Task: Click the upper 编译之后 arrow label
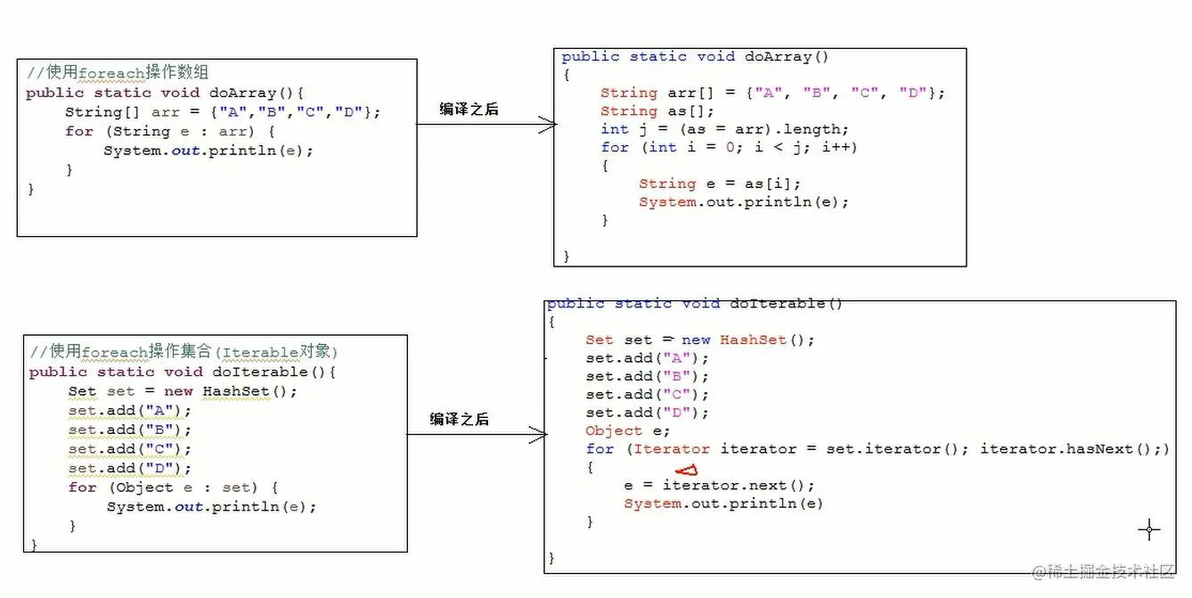[469, 110]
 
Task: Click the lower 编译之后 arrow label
[459, 419]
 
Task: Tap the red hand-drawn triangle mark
[686, 471]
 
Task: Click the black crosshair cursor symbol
[1149, 529]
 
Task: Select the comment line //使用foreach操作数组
[118, 73]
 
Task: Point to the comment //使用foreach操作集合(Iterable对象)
[184, 351]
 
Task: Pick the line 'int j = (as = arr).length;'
[724, 129]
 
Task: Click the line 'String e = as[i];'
[719, 184]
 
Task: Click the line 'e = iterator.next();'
[719, 486]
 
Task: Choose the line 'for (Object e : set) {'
[173, 487]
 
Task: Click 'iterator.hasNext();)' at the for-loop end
[1074, 449]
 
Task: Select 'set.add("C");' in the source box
[129, 449]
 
